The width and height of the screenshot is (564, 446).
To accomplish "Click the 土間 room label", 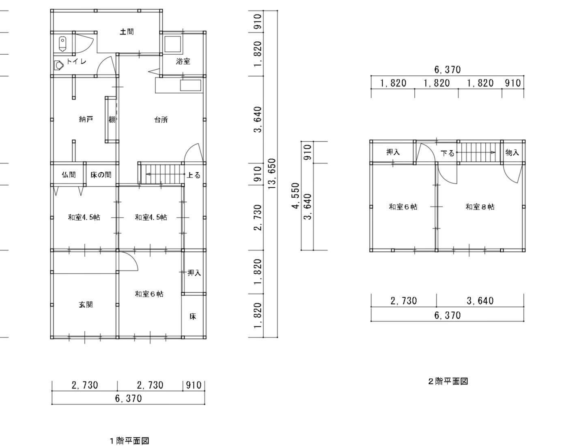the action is pos(127,32).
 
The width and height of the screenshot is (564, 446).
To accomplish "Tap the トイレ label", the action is pos(76,62).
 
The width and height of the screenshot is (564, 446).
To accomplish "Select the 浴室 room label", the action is pos(183,62).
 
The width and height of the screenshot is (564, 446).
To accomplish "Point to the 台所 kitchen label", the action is pos(161,120).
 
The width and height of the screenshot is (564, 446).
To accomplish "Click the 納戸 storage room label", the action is pos(86,120).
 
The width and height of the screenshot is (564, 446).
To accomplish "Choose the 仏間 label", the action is pos(69,175).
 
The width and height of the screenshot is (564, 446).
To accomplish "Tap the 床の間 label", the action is pos(101,175).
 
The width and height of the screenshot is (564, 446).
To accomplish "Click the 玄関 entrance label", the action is pos(86,305).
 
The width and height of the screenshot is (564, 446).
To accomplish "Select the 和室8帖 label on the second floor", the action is pos(480,207).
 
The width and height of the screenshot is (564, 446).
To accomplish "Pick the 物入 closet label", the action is pos(512,152).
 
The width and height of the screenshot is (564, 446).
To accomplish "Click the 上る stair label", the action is pos(194,175).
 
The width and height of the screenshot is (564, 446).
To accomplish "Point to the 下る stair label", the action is pos(447,153).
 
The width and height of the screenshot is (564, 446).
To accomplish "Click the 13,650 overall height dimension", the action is pos(272,174).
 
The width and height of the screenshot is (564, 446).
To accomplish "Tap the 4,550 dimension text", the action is pos(296,196).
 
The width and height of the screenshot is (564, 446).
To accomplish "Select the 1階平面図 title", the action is pos(129,441).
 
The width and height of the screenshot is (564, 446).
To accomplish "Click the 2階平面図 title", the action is pos(448,381).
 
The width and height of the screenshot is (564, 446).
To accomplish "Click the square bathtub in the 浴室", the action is pos(172,44).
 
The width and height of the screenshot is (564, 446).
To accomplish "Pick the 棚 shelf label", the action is pos(112,120).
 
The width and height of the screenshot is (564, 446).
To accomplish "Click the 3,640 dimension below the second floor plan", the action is pos(480,301).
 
